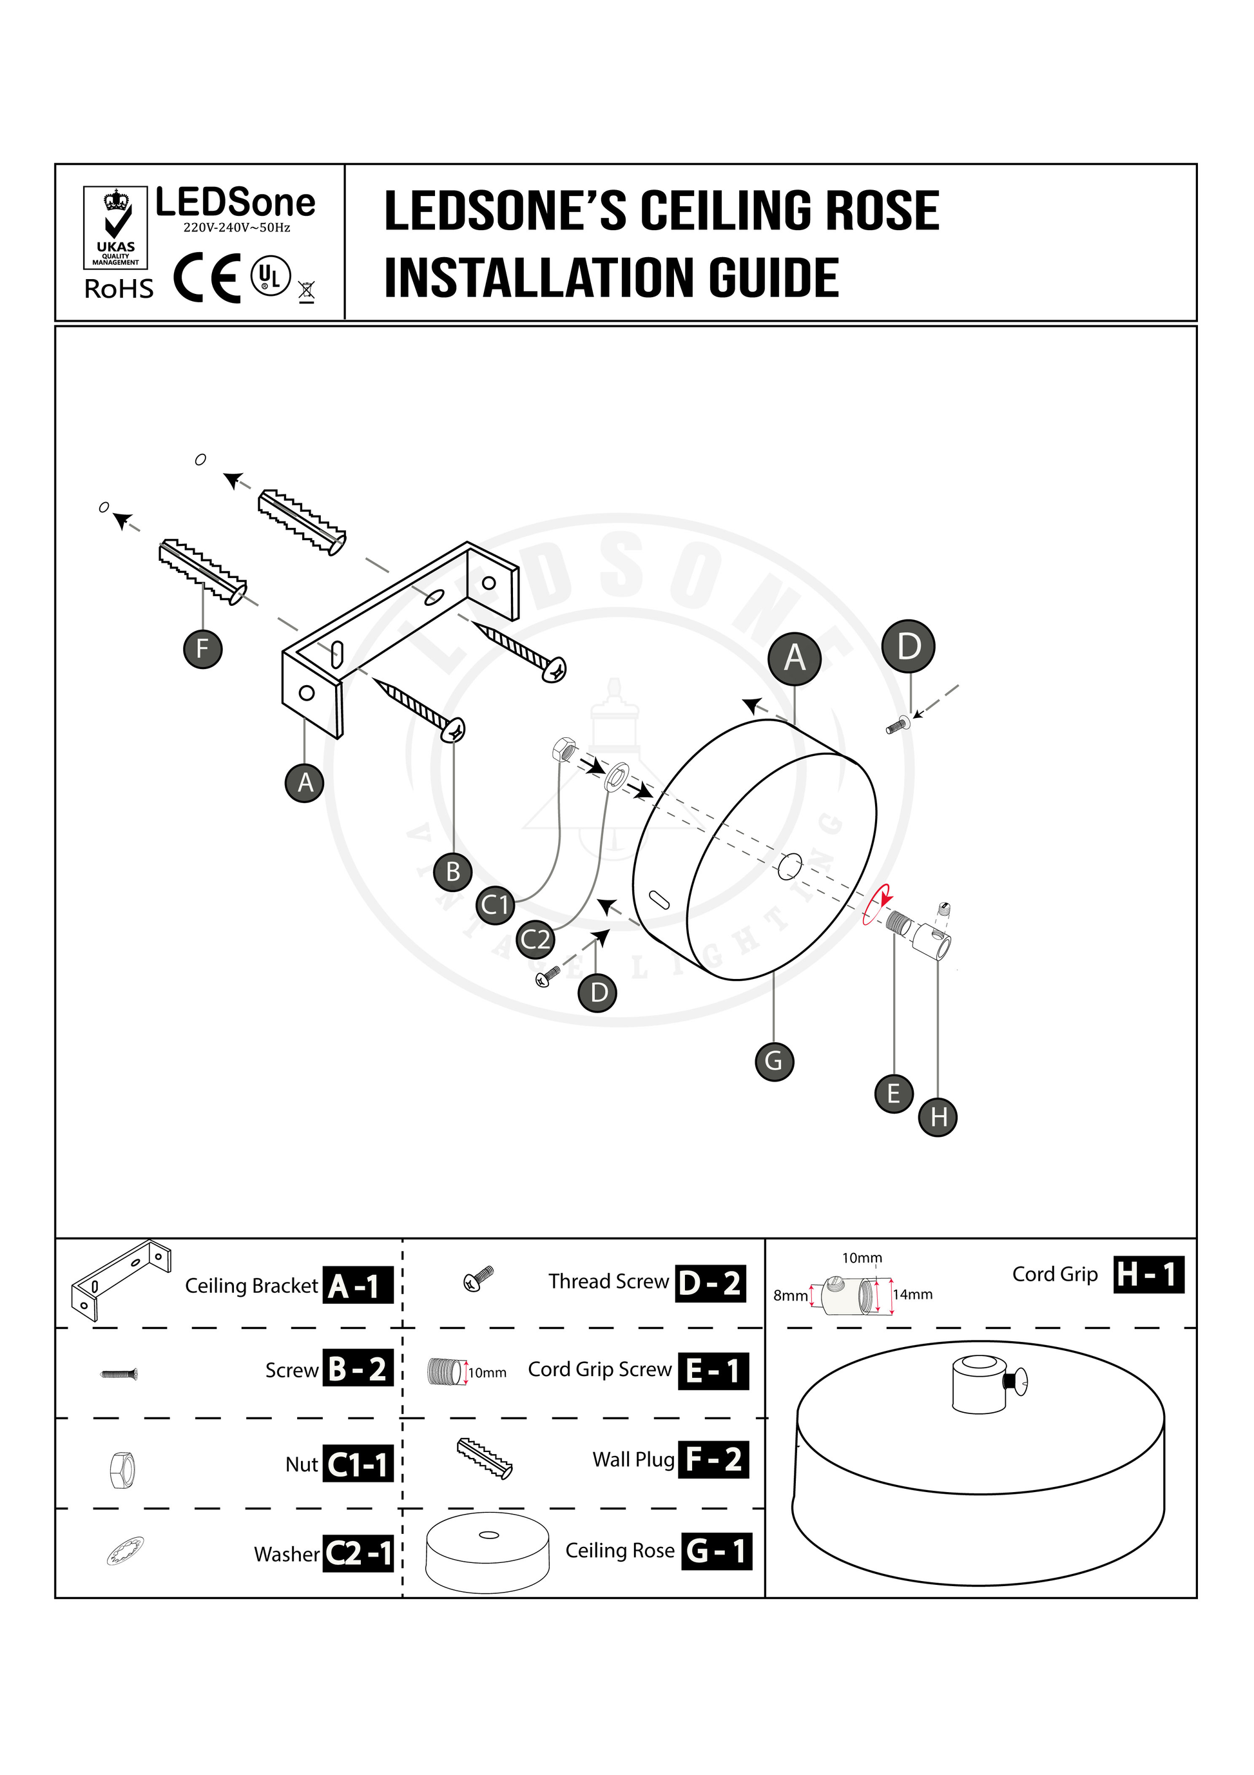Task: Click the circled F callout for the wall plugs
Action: click(202, 648)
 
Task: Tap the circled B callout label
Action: click(453, 871)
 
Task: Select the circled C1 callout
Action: click(495, 904)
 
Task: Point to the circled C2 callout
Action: click(535, 939)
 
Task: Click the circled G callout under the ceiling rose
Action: click(774, 1061)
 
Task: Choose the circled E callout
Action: click(894, 1093)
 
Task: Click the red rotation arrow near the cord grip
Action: click(878, 904)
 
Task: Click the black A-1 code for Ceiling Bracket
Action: click(357, 1286)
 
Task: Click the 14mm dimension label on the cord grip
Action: click(913, 1294)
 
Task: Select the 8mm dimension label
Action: click(790, 1295)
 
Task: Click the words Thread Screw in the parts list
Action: click(608, 1282)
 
